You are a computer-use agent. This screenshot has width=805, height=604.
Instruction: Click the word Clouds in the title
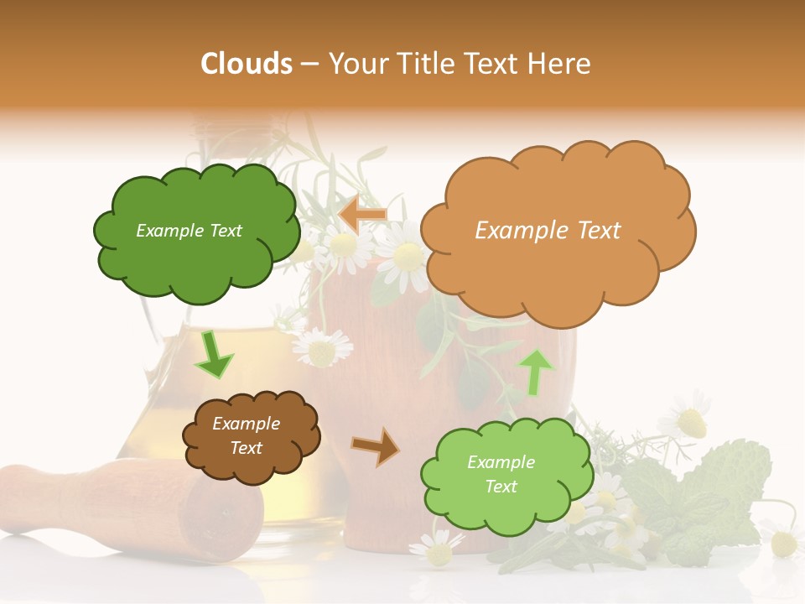click(247, 64)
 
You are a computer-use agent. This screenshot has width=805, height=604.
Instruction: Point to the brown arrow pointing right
click(376, 446)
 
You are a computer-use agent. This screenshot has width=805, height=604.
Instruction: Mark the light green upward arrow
click(537, 372)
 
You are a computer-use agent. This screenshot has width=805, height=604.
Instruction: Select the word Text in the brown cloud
click(247, 448)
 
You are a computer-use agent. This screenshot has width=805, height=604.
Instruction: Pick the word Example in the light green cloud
click(501, 462)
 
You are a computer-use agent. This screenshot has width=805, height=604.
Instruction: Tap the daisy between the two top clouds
click(406, 256)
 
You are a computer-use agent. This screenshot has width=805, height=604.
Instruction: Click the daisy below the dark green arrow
click(322, 347)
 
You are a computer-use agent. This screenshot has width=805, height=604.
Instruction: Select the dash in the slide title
click(309, 65)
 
